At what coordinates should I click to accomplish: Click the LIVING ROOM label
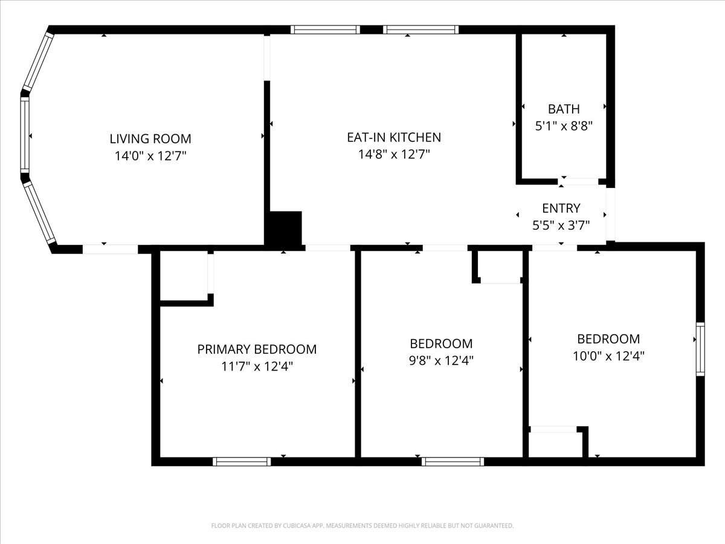pyautogui.click(x=150, y=138)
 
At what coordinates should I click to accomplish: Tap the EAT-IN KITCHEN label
pyautogui.click(x=393, y=137)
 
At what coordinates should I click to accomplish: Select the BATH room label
pyautogui.click(x=564, y=109)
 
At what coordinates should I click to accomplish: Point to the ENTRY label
pyautogui.click(x=561, y=209)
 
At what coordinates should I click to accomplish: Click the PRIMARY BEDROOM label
pyautogui.click(x=257, y=349)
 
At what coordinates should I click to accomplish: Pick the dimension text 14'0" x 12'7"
pyautogui.click(x=150, y=156)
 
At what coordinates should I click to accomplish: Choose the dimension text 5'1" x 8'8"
pyautogui.click(x=564, y=126)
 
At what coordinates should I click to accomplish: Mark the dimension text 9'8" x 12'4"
pyautogui.click(x=441, y=361)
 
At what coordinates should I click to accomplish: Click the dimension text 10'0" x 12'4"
pyautogui.click(x=608, y=356)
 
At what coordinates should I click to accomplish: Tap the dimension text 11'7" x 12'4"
pyautogui.click(x=257, y=366)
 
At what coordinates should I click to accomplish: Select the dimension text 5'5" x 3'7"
pyautogui.click(x=561, y=225)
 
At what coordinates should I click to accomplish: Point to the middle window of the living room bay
pyautogui.click(x=25, y=134)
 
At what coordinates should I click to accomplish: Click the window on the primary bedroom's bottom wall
pyautogui.click(x=242, y=462)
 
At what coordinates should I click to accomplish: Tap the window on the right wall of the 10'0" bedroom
pyautogui.click(x=700, y=349)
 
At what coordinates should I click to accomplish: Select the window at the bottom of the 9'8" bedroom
pyautogui.click(x=453, y=462)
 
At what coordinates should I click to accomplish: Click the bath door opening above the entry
pyautogui.click(x=578, y=181)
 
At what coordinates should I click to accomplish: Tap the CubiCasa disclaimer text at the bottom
pyautogui.click(x=362, y=526)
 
